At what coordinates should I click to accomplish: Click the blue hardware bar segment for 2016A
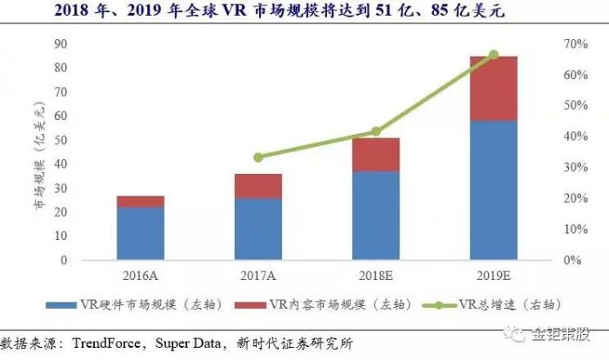point(141,233)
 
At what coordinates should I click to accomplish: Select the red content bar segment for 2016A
point(141,202)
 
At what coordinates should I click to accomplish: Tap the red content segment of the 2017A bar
point(258,186)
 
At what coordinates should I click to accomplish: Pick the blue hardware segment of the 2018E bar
point(376,215)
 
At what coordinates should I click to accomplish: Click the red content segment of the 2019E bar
point(493,89)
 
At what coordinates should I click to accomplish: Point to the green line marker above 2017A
point(258,157)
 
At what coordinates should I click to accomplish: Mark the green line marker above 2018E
point(376,131)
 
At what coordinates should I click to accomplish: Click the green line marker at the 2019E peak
point(493,55)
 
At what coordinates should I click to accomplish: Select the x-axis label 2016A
point(141,276)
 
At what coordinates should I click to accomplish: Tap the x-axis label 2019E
point(493,276)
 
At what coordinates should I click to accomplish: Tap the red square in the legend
point(260,304)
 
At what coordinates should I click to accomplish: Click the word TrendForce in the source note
point(110,342)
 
